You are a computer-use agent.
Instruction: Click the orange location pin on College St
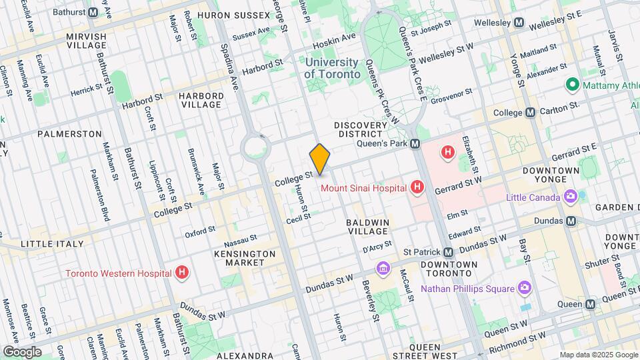coord(320,159)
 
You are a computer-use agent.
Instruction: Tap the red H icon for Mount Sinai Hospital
coord(417,187)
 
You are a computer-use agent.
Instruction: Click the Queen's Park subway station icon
coord(415,143)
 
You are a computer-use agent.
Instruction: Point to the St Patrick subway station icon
coord(449,253)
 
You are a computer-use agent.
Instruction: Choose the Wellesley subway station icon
coord(519,23)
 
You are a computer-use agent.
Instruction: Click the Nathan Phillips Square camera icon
coord(525,288)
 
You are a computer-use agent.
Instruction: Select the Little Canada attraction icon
coord(570,196)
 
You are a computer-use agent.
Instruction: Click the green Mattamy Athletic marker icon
coord(571,85)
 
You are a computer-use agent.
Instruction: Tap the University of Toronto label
coord(333,67)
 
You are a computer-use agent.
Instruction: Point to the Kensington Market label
coord(245,259)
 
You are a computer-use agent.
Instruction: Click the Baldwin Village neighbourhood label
coord(367,225)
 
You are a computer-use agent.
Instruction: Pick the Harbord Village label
coord(200,100)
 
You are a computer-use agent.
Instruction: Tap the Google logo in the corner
coord(22,351)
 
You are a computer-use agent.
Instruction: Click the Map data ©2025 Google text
coord(597,355)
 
